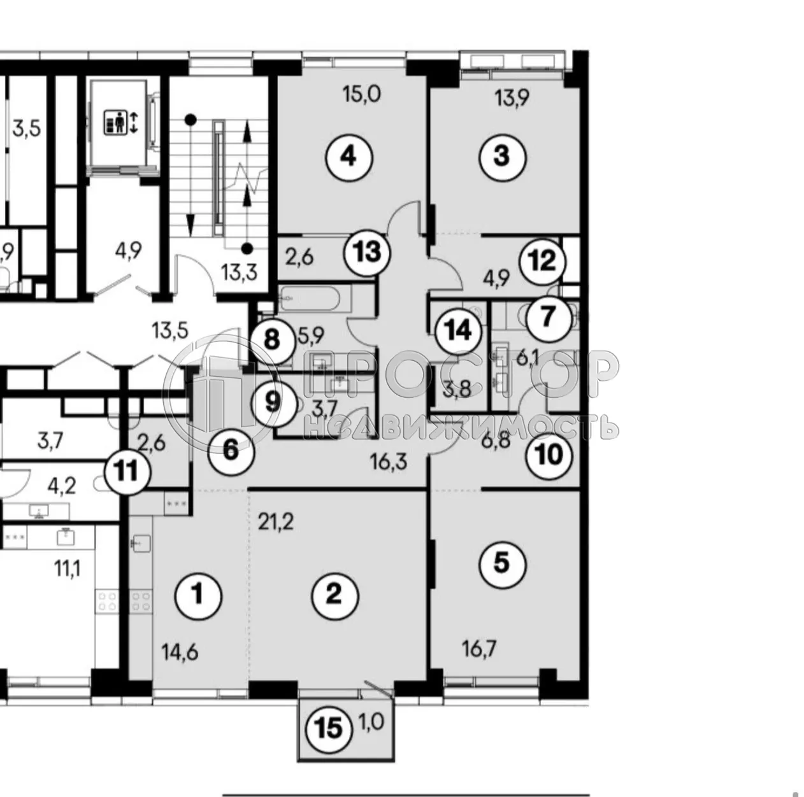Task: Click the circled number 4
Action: [x=348, y=155]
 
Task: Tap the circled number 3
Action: [x=502, y=155]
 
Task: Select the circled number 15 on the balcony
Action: [x=329, y=728]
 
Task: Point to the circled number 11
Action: [x=128, y=472]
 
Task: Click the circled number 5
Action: [x=502, y=563]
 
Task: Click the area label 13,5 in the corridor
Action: [x=169, y=331]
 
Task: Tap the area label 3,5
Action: [x=27, y=129]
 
